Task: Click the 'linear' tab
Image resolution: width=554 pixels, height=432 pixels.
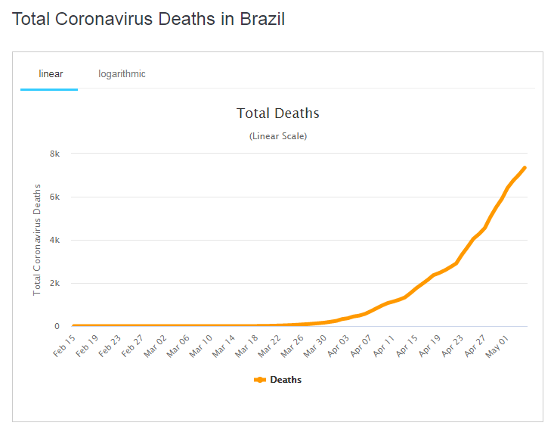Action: (51, 74)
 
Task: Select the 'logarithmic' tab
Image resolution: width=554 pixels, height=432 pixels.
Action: (122, 74)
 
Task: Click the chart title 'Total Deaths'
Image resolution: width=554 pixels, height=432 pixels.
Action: (277, 113)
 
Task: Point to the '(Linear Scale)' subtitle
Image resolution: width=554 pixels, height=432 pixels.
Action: (277, 136)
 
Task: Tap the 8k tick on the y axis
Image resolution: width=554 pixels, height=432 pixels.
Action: (54, 154)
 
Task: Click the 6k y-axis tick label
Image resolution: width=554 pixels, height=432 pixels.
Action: (54, 197)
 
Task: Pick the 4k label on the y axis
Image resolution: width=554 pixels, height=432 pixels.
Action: (54, 240)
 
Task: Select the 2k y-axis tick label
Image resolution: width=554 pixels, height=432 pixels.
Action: (54, 283)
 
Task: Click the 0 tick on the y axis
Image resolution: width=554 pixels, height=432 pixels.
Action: (57, 327)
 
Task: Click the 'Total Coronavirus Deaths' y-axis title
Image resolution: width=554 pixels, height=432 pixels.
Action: (37, 239)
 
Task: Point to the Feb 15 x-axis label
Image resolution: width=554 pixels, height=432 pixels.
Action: (64, 344)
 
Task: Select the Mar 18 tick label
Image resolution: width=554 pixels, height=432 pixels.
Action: (246, 344)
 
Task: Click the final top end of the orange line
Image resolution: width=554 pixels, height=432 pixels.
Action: (525, 168)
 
